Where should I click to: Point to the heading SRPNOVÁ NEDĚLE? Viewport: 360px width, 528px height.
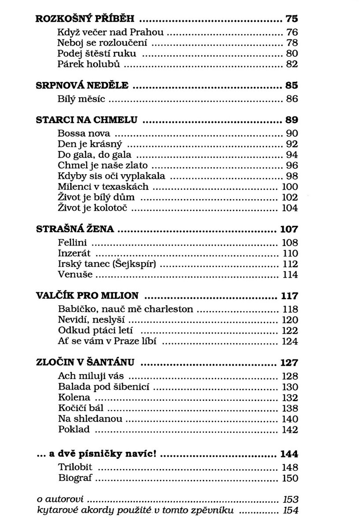point(82,85)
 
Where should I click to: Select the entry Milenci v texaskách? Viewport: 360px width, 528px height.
point(103,187)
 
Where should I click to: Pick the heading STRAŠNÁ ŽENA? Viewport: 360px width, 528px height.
point(74,229)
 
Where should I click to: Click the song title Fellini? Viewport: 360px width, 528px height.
point(73,242)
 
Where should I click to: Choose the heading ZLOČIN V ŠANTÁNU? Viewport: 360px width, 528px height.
point(88,363)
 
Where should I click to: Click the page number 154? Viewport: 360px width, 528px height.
point(290,510)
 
